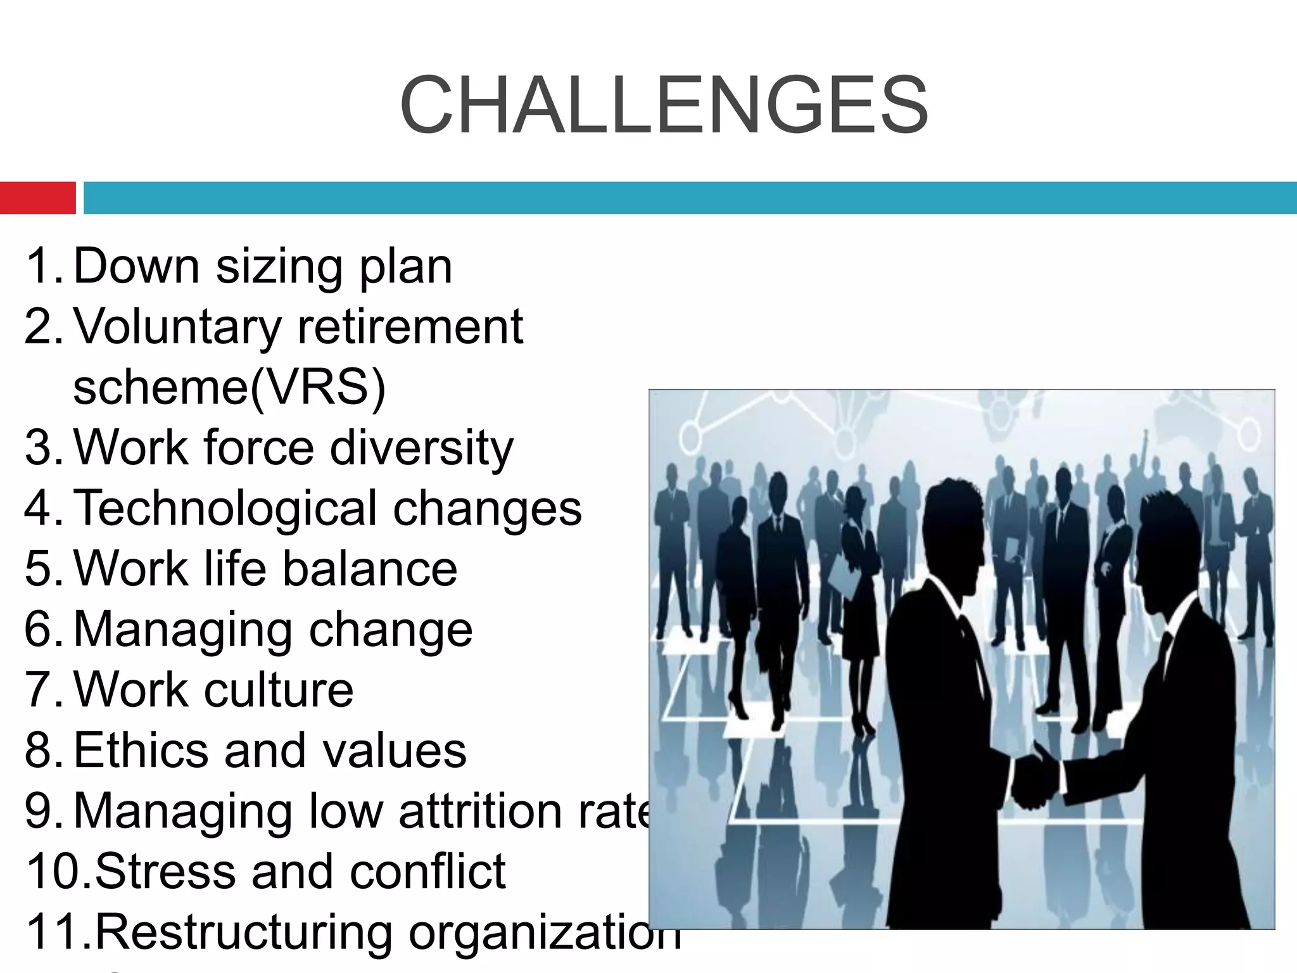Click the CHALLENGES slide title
(x=664, y=106)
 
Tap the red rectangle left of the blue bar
(x=37, y=198)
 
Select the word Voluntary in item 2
(x=177, y=328)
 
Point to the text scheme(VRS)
(x=229, y=387)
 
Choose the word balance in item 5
(x=369, y=568)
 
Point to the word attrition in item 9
(x=480, y=811)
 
